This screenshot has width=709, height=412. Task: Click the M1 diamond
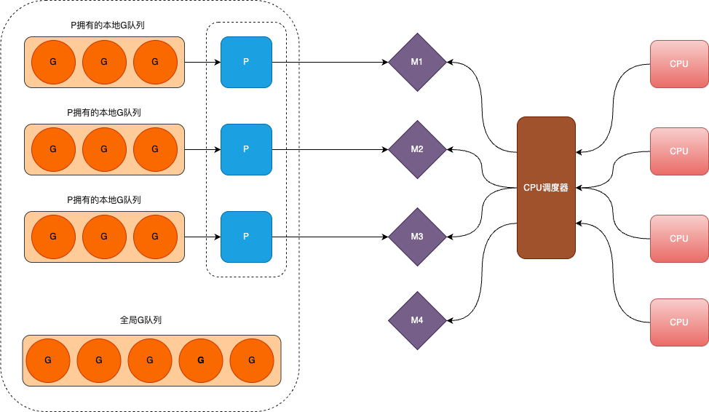pos(416,62)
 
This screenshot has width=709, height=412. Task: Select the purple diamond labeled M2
pos(416,149)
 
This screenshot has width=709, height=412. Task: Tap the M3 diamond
pos(416,237)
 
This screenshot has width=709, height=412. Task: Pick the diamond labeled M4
pos(416,320)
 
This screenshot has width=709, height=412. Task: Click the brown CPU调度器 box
pos(546,188)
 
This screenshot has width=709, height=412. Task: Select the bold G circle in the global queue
pos(201,360)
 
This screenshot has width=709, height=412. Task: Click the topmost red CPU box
pos(678,64)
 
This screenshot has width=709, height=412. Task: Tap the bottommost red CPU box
pos(678,322)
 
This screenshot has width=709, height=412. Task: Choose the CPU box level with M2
pos(678,151)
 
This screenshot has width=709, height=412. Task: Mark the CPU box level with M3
pos(678,239)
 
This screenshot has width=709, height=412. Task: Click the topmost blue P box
pos(246,62)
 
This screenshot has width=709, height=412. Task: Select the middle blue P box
pos(246,149)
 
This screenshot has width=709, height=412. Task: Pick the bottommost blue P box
pos(246,237)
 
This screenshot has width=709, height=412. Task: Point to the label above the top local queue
pos(105,25)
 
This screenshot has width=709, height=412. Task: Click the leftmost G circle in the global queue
pos(48,360)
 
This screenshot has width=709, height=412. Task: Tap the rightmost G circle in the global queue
pos(252,360)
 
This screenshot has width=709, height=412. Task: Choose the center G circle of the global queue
pos(150,360)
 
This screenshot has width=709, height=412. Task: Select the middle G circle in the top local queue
pos(104,62)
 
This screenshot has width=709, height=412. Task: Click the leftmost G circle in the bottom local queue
pos(53,237)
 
